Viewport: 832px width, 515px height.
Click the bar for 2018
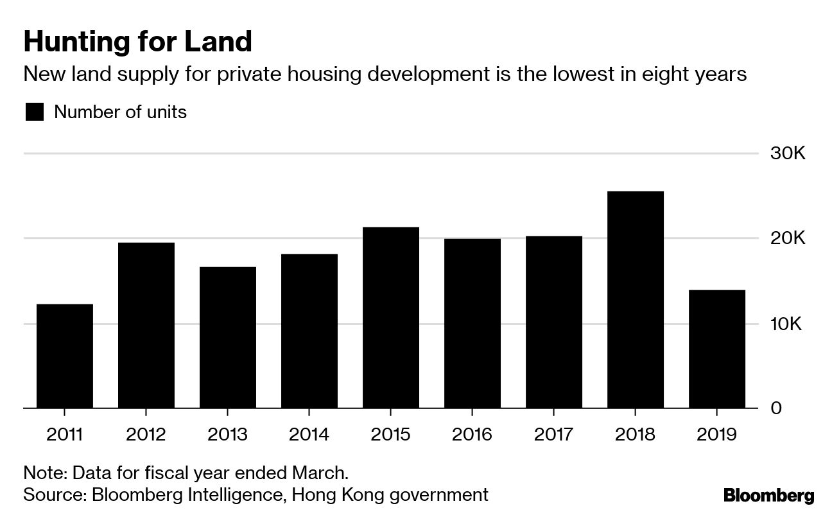(x=636, y=299)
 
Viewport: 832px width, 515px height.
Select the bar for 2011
(x=65, y=356)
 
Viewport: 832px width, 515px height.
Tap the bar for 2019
(x=717, y=349)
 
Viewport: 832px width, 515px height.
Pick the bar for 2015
(x=391, y=317)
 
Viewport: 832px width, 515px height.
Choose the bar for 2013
(x=228, y=337)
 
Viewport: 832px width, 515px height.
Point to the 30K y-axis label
(x=787, y=154)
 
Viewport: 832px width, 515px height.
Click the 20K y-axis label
(x=787, y=239)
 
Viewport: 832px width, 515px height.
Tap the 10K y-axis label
(x=787, y=324)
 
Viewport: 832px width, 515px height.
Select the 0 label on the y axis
(x=776, y=408)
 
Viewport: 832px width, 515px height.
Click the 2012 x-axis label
(x=146, y=435)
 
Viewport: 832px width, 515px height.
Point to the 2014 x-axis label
(x=309, y=435)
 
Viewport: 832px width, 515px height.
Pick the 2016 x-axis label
(x=472, y=435)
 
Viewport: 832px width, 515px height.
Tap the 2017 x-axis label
(x=554, y=435)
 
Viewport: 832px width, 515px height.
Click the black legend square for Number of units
(x=34, y=112)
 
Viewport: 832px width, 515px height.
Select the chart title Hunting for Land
(x=137, y=42)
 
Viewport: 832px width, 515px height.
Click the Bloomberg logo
(x=768, y=495)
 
